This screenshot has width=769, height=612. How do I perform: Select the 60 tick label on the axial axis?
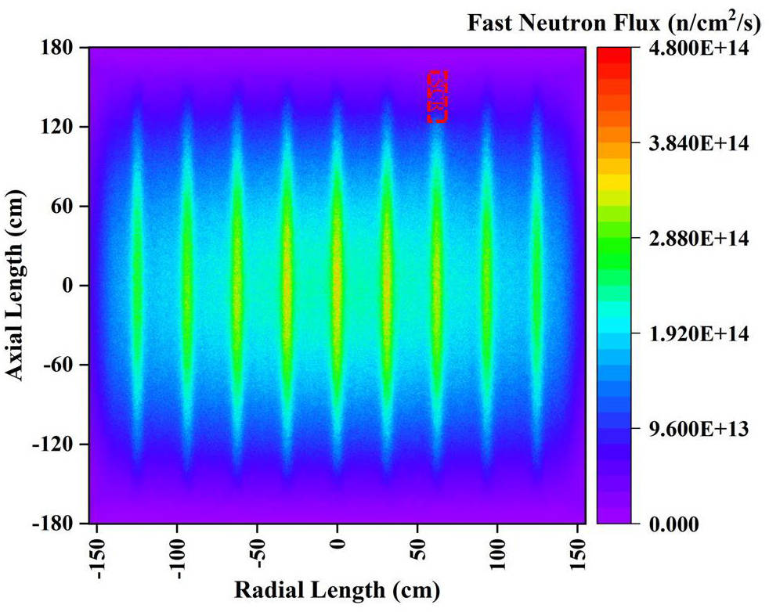66,207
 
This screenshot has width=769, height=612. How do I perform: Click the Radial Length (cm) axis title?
338,589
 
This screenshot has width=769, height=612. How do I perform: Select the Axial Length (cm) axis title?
17,286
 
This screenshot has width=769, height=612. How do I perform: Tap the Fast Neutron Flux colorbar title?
614,23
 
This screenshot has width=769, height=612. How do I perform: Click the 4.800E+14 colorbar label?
699,49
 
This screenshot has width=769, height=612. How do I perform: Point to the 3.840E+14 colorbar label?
699,144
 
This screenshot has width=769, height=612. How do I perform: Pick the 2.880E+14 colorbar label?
699,239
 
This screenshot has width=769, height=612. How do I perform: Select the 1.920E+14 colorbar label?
699,334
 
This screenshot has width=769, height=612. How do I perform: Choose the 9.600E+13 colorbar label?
699,429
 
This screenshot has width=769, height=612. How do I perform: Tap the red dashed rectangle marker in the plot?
437,96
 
